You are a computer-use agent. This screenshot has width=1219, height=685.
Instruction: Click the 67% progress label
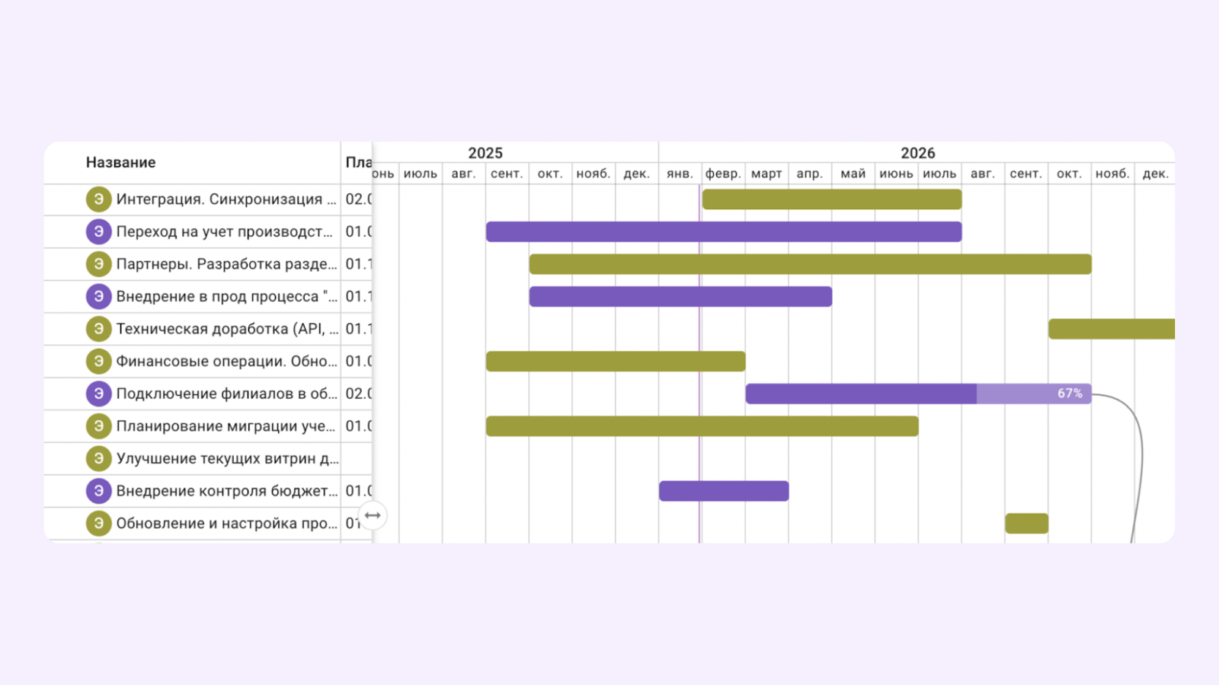[1070, 393]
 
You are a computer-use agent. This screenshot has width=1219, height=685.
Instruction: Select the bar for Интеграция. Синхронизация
[831, 199]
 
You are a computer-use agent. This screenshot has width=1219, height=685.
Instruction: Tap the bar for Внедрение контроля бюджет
[724, 491]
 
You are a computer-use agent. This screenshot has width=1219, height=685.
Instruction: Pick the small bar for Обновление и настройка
[1026, 524]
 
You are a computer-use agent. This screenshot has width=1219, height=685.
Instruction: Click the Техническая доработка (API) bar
[1112, 329]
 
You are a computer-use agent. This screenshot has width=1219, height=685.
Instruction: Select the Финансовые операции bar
[616, 362]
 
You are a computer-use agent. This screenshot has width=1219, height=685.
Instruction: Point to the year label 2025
[485, 153]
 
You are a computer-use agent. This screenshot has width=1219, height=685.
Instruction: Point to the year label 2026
[917, 153]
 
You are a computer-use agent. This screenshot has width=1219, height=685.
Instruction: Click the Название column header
[120, 162]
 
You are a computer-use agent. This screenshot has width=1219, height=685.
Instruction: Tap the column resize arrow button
[373, 515]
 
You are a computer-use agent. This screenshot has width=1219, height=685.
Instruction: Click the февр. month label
[723, 174]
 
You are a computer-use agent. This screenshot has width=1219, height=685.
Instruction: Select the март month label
[766, 174]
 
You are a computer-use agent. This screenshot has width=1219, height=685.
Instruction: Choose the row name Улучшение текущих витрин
[227, 459]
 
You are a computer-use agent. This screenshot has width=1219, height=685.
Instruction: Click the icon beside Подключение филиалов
[98, 393]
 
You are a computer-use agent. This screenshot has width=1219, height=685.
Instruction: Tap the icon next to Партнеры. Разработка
[98, 264]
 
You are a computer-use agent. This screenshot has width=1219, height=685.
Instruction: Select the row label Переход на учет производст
[224, 231]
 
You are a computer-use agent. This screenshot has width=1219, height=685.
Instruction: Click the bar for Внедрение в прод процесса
[680, 297]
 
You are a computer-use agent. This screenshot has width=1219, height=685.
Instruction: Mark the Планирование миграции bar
[702, 426]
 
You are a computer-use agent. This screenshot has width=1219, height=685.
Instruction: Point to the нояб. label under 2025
[593, 174]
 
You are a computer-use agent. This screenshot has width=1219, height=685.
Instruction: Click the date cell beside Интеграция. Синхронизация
[358, 199]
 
